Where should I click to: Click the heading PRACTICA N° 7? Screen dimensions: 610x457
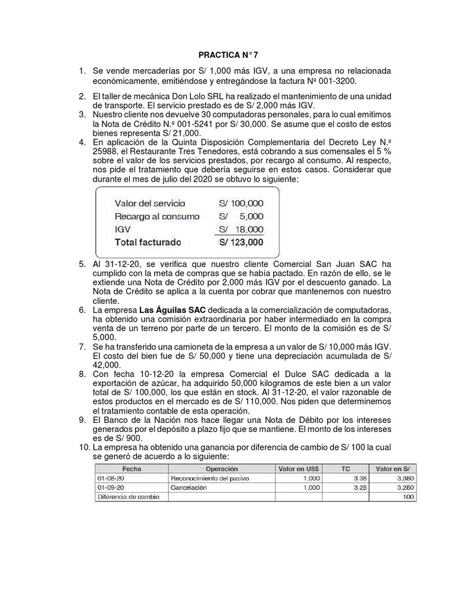click(x=228, y=57)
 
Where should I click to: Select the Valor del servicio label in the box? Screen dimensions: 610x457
click(x=149, y=203)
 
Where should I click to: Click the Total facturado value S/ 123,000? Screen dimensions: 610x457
click(x=241, y=242)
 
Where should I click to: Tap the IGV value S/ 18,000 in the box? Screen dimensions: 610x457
click(x=242, y=229)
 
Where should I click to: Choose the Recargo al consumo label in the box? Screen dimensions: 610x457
click(x=157, y=216)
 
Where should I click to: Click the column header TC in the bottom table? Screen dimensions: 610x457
click(x=345, y=469)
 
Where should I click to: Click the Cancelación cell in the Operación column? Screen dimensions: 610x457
click(x=189, y=487)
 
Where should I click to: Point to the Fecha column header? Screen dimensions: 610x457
click(x=130, y=469)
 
